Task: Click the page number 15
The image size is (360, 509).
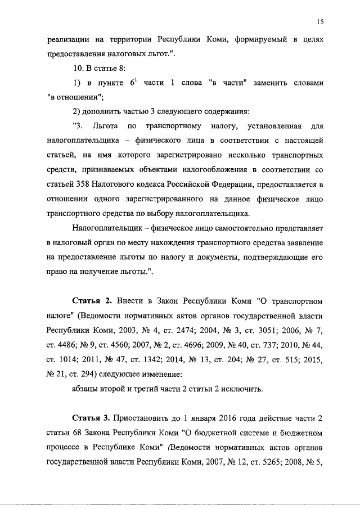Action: click(x=319, y=22)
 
